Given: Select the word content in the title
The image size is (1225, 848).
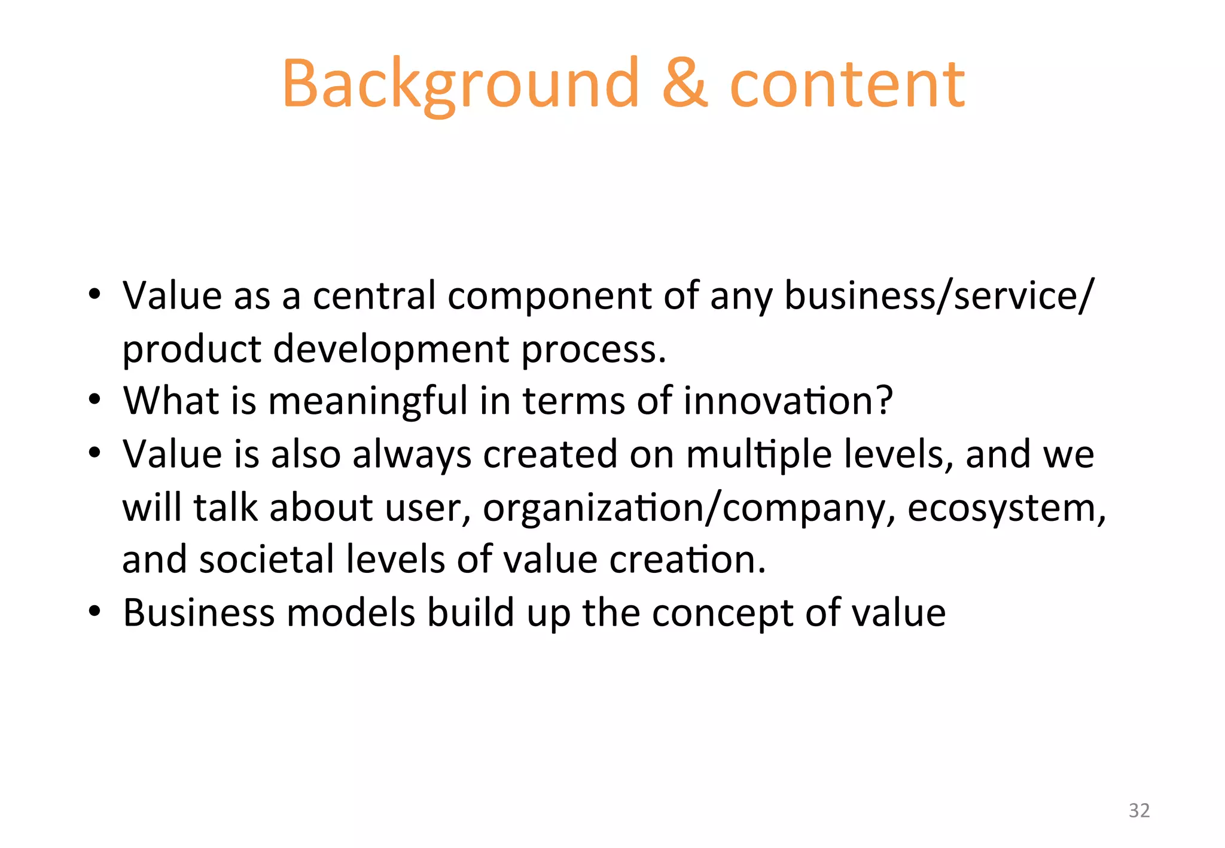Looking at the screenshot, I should click(x=847, y=85).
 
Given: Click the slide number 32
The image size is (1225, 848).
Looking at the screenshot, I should click(x=1139, y=810).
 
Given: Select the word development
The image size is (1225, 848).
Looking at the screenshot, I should click(x=391, y=349).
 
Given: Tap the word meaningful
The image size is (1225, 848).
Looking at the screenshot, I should click(x=367, y=402).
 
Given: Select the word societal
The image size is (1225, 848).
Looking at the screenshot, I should click(x=267, y=560).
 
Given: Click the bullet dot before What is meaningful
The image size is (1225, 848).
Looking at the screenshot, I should click(x=94, y=399).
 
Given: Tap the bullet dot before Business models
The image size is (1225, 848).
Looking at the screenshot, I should click(x=94, y=612).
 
